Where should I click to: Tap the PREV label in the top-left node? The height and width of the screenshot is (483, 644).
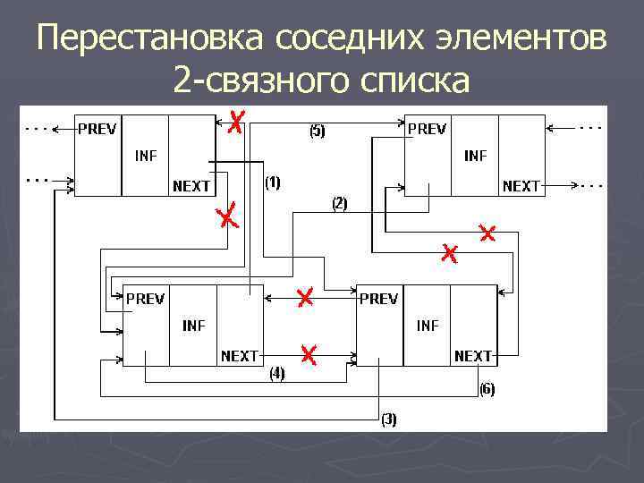97,129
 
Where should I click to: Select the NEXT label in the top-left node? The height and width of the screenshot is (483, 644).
191,186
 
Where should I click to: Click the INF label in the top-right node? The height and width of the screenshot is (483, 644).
476,156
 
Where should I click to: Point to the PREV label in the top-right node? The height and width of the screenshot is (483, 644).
427,129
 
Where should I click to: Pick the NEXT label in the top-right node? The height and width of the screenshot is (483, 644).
521,186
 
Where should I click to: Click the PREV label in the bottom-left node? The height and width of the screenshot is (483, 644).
145,299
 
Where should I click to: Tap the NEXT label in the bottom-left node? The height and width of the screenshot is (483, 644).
240,355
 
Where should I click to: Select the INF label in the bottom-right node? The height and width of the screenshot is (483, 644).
428,326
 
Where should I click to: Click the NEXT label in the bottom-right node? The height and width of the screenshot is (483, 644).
473,355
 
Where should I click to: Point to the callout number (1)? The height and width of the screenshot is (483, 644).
273,182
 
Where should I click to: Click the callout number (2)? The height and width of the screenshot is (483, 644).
340,203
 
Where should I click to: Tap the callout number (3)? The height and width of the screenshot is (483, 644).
389,418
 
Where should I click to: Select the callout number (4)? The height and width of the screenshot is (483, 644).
277,374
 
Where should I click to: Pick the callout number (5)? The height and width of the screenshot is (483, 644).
318,131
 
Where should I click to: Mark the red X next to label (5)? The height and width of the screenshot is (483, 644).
235,123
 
